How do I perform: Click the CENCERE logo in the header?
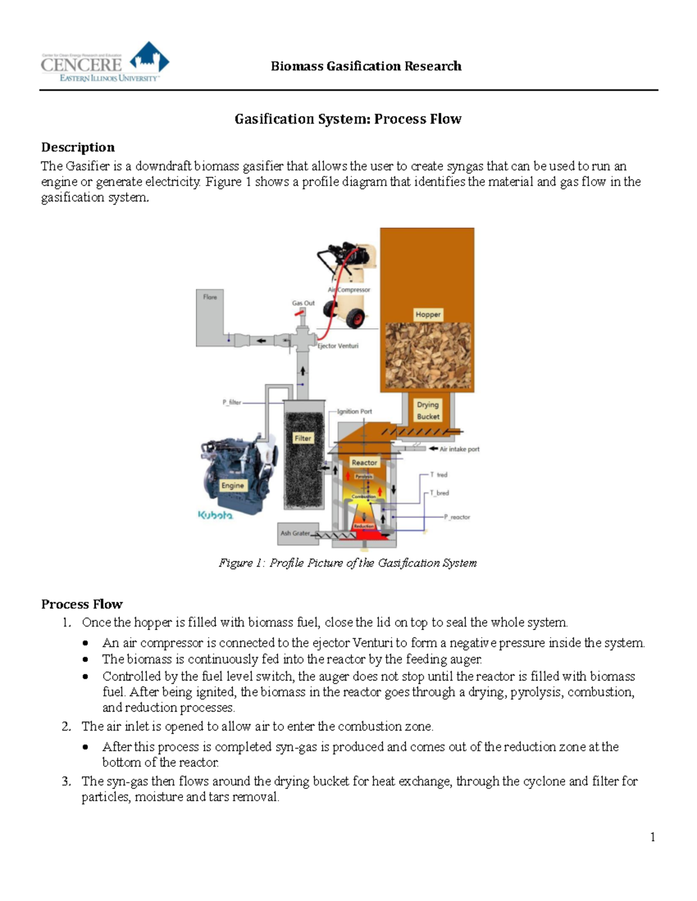tap(105, 63)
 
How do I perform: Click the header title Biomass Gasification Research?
tap(366, 66)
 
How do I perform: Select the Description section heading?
tap(78, 147)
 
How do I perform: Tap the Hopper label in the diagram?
tap(428, 314)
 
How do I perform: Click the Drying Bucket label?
tap(428, 410)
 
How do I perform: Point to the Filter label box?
tap(303, 438)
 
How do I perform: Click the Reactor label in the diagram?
tap(364, 462)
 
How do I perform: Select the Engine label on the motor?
tap(232, 486)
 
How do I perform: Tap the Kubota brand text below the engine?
tap(215, 515)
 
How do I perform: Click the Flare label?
tap(210, 297)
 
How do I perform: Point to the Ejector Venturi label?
tap(338, 346)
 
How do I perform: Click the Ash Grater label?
tap(295, 533)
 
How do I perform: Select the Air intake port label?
tap(459, 449)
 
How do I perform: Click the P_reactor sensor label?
tap(457, 517)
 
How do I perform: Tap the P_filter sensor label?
tap(231, 402)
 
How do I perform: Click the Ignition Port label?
tap(354, 411)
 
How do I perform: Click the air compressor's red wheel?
tap(355, 318)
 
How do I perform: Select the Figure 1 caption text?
tap(347, 563)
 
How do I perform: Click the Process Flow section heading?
tap(82, 604)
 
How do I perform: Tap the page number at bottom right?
tap(653, 837)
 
